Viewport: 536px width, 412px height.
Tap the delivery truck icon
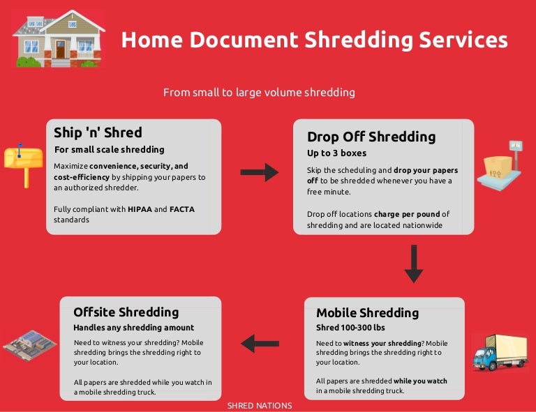[x=499, y=351]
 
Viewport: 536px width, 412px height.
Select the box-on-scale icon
[x=504, y=165]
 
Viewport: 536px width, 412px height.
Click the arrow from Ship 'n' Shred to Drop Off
[x=259, y=172]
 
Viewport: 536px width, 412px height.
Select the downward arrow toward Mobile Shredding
[x=414, y=264]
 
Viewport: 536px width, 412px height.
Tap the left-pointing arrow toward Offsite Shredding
[x=260, y=343]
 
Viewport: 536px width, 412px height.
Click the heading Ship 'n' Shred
[x=98, y=132]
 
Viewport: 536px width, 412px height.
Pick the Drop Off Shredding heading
[x=371, y=137]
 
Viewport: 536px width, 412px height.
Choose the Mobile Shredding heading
[x=367, y=312]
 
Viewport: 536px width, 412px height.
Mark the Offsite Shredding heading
[x=126, y=312]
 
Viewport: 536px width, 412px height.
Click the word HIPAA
[x=140, y=208]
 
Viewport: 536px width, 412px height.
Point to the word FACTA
[x=181, y=208]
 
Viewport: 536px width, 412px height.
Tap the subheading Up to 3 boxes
[x=336, y=153]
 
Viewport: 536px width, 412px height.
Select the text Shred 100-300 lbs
[x=350, y=328]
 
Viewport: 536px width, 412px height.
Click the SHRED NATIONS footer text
[x=260, y=406]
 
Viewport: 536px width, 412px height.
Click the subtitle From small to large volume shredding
[x=259, y=92]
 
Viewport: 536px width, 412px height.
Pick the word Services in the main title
[x=463, y=40]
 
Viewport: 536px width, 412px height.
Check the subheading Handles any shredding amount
[x=133, y=327]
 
